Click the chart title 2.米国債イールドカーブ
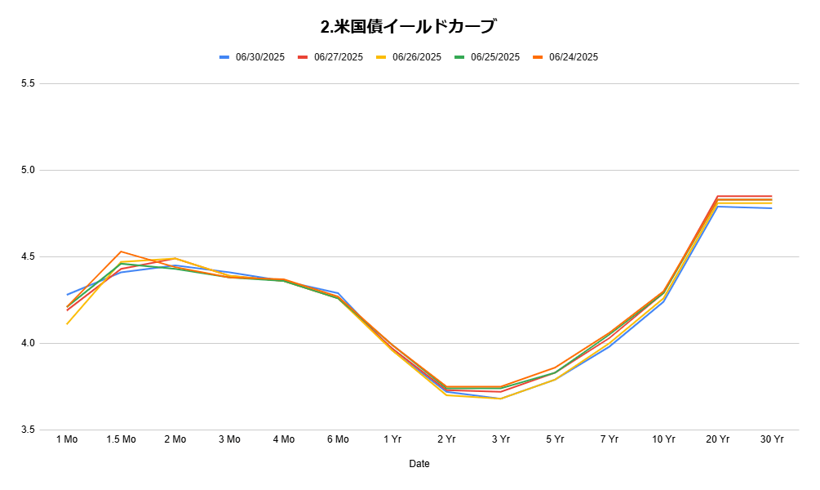point(408,26)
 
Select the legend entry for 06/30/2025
point(252,57)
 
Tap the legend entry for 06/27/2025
point(330,57)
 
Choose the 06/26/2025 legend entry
point(409,57)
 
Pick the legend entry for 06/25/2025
point(487,57)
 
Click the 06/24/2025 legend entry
point(566,57)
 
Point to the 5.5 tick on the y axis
point(28,84)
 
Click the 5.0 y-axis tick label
point(28,170)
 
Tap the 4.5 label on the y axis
point(28,257)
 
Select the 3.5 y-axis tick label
point(28,430)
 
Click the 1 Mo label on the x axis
point(67,439)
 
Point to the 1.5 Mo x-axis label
point(122,439)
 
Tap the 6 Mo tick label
point(338,439)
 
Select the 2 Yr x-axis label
point(446,439)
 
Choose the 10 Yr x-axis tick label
point(663,439)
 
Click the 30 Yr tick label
point(772,439)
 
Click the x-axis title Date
point(419,464)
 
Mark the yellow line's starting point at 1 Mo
point(68,324)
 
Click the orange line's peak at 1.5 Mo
point(122,252)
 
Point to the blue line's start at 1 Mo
point(68,295)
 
